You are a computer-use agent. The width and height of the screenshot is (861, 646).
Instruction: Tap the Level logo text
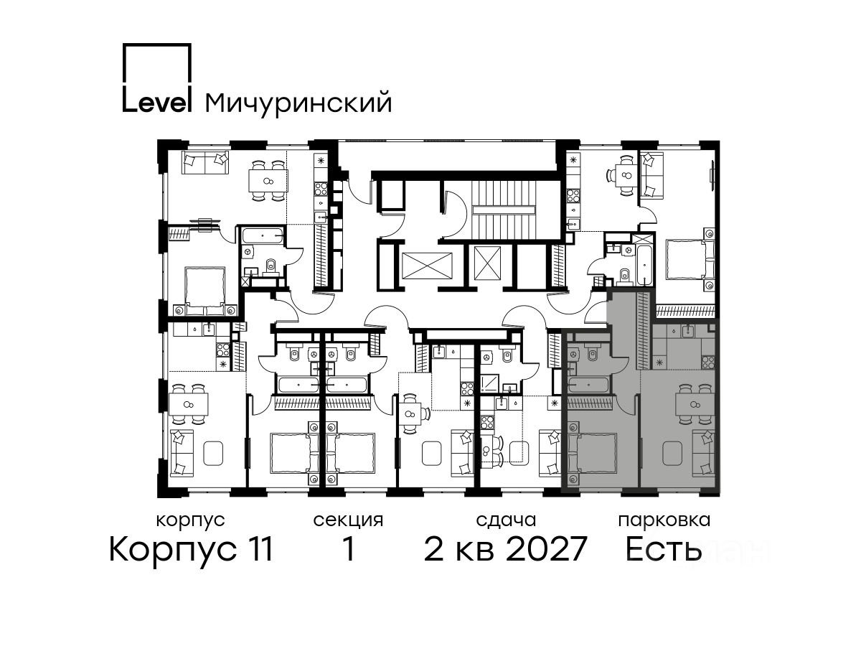coord(157,102)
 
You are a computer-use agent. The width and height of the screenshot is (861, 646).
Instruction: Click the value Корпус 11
coord(191,550)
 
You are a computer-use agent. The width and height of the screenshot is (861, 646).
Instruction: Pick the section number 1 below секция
coord(348,549)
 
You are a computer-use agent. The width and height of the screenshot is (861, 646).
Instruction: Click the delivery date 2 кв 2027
coord(506,549)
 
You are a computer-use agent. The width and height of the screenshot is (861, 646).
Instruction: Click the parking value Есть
coord(663,549)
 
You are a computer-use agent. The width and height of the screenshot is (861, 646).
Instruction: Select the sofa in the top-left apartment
coord(205,163)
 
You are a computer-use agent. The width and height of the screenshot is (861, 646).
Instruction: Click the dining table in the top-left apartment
coord(268,181)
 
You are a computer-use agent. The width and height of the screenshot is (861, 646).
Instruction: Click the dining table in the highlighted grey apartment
coord(695,404)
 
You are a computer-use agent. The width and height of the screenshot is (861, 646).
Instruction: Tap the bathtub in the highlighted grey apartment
coord(588,385)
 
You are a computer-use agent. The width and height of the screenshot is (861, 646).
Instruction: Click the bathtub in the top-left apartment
coord(263,236)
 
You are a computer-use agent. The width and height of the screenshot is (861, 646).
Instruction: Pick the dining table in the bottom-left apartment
coord(189,405)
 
